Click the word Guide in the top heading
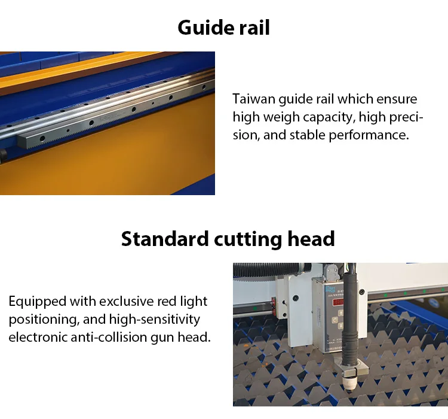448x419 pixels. pyautogui.click(x=204, y=28)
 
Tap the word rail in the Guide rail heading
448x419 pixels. pyautogui.click(x=254, y=28)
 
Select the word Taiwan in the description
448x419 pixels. pyautogui.click(x=254, y=99)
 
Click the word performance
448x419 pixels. pyautogui.click(x=369, y=135)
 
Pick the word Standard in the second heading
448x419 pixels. pyautogui.click(x=165, y=239)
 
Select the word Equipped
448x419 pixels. pyautogui.click(x=38, y=302)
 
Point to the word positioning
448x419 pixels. pyautogui.click(x=44, y=320)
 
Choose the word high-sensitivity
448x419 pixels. pyautogui.click(x=155, y=320)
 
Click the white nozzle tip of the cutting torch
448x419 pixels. pyautogui.click(x=349, y=385)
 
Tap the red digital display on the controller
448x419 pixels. pyautogui.click(x=338, y=302)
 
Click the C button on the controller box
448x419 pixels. pyautogui.click(x=335, y=320)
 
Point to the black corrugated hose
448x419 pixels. pyautogui.click(x=271, y=269)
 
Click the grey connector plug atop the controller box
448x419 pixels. pyautogui.click(x=331, y=272)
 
